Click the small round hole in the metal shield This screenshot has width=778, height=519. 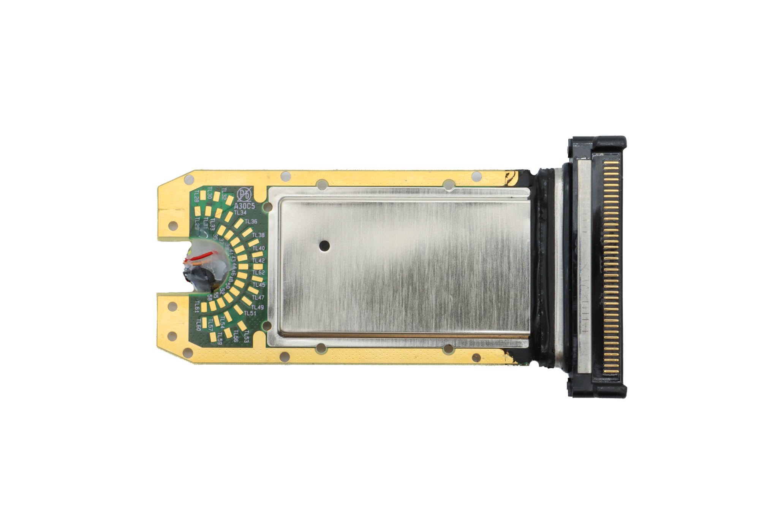click(x=324, y=246)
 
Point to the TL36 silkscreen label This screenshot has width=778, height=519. click(x=251, y=221)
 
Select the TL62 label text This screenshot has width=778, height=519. click(x=259, y=273)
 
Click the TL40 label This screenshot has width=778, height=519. click(x=259, y=248)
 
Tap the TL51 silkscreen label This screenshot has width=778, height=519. click(x=250, y=313)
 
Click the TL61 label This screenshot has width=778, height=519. click(x=197, y=306)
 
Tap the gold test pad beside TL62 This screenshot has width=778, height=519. click(x=257, y=267)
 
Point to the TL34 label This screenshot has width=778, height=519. click(x=240, y=213)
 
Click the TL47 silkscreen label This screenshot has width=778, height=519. click(x=258, y=297)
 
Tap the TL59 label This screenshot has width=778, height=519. click(x=220, y=340)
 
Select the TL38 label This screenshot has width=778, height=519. click(x=258, y=235)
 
